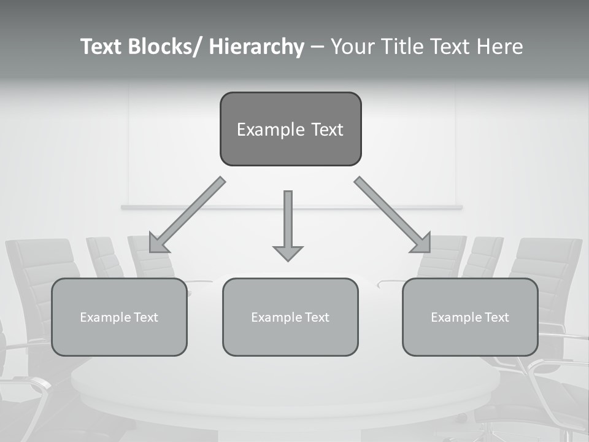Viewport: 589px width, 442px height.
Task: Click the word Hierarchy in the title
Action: tap(256, 47)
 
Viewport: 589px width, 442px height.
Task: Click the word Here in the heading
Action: tap(501, 47)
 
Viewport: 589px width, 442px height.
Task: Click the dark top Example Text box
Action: tap(290, 129)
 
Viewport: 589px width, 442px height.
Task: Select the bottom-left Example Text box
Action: tap(119, 317)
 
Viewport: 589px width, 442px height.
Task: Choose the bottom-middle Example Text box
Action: tap(290, 317)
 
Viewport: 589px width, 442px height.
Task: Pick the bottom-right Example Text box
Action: tap(470, 317)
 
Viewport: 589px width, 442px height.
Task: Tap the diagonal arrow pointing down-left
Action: tap(187, 215)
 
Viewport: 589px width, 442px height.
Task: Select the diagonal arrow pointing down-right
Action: tap(393, 215)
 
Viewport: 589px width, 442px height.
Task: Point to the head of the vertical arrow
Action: tap(288, 252)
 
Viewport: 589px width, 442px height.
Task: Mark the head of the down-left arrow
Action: tap(157, 244)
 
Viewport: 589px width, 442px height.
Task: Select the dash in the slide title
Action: tap(317, 47)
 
